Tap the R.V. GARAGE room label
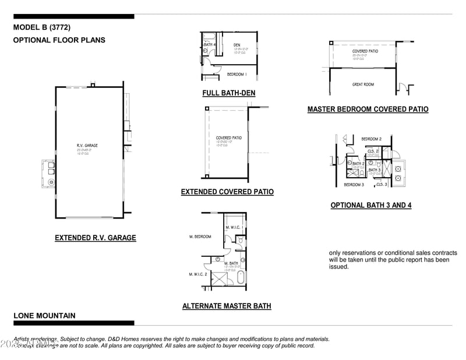pos(87,145)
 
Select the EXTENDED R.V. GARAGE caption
pos(96,238)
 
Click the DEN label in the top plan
pos(237,45)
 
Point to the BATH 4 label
pos(210,45)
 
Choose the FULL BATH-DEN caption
pos(228,93)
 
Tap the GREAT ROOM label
pos(363,84)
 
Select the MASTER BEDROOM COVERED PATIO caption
pos(368,109)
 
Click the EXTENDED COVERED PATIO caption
pos(227,192)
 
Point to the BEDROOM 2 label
pos(371,139)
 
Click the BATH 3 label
pos(375,170)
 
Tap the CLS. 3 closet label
pos(382,184)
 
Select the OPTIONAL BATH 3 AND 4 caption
pos(371,205)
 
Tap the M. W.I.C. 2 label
pos(199,274)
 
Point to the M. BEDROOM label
pos(200,237)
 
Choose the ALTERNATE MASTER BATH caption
pos(227,306)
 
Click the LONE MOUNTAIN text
pos(44,316)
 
